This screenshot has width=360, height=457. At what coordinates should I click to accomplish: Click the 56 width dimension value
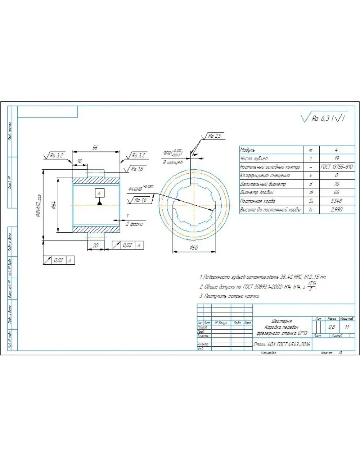coord(95,147)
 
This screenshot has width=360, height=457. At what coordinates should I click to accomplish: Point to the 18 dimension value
coord(80,161)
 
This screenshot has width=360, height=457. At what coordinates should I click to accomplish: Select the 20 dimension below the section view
coord(95,246)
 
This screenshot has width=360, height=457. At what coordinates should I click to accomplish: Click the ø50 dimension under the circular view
coord(194,248)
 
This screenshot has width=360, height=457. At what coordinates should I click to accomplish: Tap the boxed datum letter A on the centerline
coord(99,193)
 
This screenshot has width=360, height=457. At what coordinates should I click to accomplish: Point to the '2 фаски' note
coord(134,224)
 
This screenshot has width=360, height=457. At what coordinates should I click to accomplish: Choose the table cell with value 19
coord(336,159)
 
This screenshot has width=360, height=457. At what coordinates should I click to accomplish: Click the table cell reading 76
coord(336,184)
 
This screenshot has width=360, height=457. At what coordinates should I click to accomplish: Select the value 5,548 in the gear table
coord(336,201)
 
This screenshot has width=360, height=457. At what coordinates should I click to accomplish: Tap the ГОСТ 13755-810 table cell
coord(336,167)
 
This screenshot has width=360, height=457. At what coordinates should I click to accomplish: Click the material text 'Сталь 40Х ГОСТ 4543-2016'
coord(282,345)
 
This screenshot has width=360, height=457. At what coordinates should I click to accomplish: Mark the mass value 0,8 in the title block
coord(332,327)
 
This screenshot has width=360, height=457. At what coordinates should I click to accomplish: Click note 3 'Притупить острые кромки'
coord(230,296)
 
